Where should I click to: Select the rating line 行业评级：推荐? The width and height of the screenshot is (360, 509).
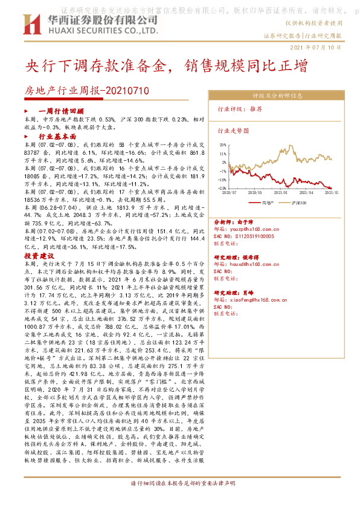pos(240,109)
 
